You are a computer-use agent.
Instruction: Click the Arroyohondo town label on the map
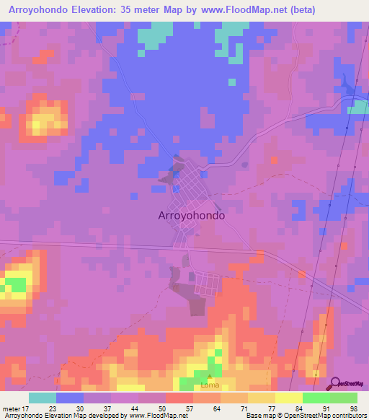pyautogui.click(x=191, y=215)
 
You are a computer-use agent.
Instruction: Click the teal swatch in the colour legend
pyautogui.click(x=43, y=397)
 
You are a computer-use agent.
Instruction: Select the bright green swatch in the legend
pyautogui.click(x=316, y=397)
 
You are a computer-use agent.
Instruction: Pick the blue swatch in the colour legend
pyautogui.click(x=70, y=397)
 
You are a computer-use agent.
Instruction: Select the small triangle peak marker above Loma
pyautogui.click(x=209, y=377)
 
